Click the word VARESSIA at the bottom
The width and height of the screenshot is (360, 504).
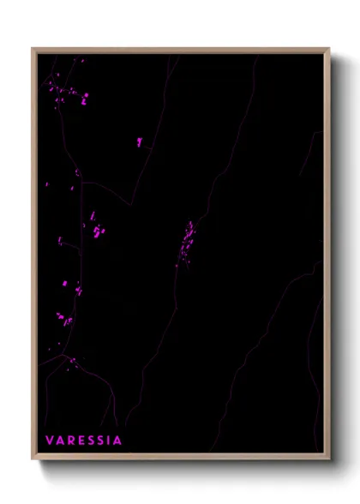pyautogui.click(x=83, y=441)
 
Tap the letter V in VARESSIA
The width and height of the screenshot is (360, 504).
pyautogui.click(x=49, y=441)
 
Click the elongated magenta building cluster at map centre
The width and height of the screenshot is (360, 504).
pyautogui.click(x=186, y=243)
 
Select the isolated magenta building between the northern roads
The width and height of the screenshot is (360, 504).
pyautogui.click(x=139, y=141)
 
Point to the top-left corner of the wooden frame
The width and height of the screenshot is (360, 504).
pyautogui.click(x=33, y=49)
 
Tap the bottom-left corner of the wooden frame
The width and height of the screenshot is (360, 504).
pyautogui.click(x=33, y=458)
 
